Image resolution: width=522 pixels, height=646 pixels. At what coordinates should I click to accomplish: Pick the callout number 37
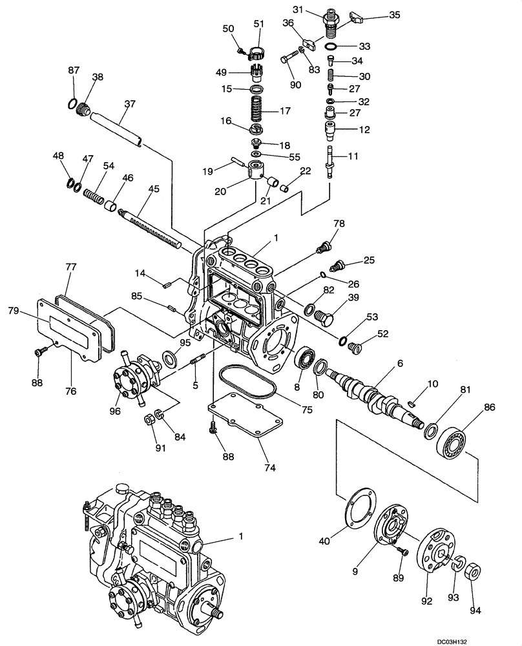pyautogui.click(x=130, y=103)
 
